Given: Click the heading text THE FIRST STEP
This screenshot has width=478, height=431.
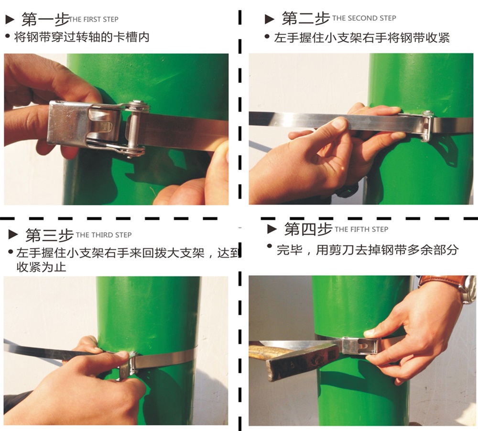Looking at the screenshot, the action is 94,20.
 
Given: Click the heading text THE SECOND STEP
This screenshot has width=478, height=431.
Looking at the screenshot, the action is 364,18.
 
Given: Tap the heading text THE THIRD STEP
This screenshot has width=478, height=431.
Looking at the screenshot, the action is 104,235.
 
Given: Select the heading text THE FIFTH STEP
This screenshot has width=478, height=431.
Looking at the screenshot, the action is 361,229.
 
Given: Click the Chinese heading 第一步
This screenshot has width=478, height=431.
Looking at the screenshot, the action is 45,20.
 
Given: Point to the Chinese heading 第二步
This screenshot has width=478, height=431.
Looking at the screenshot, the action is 306,18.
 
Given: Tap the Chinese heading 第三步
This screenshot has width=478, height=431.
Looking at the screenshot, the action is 49,235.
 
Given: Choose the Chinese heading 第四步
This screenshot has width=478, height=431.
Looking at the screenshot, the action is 308,229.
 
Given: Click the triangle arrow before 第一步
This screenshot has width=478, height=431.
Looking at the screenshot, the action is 10,20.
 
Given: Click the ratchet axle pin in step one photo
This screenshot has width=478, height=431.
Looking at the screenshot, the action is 132,130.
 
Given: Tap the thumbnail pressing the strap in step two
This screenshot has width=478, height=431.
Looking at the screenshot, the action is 339,123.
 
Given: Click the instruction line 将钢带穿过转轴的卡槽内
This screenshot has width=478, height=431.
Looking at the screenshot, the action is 82,37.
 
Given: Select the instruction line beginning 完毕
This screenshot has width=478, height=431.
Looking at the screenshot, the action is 367,250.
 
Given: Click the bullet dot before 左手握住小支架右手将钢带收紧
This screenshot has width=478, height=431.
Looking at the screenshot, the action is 267,37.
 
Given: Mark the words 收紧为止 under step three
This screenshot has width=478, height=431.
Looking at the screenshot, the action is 41,267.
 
